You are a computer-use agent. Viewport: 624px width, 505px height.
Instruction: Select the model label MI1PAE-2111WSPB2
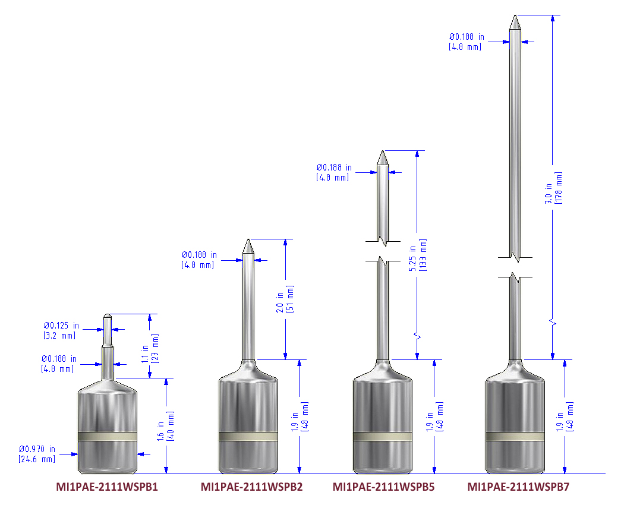pos(251,488)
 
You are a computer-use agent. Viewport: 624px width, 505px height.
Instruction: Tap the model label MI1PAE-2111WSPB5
pos(383,488)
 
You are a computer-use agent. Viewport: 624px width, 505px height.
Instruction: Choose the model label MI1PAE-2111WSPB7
pos(518,488)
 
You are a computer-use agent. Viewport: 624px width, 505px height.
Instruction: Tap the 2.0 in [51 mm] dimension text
pos(285,301)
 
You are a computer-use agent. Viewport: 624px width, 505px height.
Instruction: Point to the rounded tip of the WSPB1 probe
pos(107,315)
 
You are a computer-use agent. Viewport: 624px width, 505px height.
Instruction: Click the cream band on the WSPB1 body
pos(108,437)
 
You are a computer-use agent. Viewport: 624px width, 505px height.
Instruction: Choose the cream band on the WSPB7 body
pos(515,437)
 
